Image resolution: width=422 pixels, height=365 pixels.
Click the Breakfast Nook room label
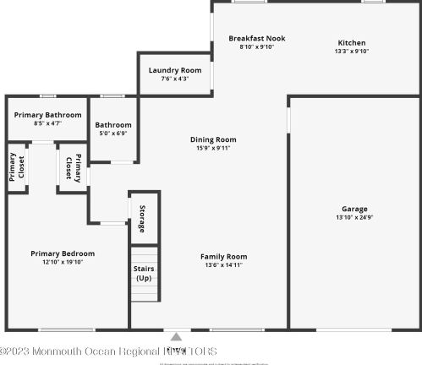click(256, 38)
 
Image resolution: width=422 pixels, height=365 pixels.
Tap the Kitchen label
click(352, 42)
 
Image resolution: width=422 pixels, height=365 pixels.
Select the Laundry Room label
click(175, 70)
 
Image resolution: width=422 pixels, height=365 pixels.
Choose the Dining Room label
click(213, 139)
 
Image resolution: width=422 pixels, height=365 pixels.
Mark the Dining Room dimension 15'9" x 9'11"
click(213, 148)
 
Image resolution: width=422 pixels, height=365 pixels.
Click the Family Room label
click(223, 256)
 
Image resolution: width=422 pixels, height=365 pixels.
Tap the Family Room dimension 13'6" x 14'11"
click(223, 264)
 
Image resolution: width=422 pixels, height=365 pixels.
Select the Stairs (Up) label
click(144, 273)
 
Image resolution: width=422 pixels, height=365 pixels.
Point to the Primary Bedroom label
click(63, 253)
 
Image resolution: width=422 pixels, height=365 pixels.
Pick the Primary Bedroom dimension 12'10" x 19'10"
click(63, 262)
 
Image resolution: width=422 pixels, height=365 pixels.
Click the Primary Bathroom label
click(48, 115)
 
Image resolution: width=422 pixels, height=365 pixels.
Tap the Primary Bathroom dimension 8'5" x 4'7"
click(48, 123)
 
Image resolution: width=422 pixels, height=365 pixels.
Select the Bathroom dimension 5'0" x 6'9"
click(113, 133)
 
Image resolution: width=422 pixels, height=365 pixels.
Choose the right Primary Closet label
click(73, 166)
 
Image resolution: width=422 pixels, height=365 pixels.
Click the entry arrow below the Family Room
click(176, 335)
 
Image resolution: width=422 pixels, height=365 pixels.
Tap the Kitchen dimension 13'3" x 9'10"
click(352, 51)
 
